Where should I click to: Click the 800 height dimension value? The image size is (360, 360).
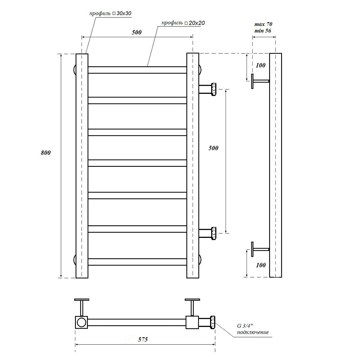tap(46, 153)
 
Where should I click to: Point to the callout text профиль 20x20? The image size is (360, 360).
tap(183, 23)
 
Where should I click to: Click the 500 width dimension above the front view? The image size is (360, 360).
tap(136, 32)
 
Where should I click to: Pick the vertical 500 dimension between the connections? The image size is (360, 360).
tap(213, 148)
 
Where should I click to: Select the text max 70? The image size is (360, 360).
tap(263, 24)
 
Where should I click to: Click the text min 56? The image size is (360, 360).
tap(263, 30)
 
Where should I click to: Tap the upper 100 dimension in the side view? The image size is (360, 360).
tap(261, 65)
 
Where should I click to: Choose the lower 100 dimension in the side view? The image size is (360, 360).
tap(261, 265)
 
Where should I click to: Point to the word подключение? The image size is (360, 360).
tap(253, 332)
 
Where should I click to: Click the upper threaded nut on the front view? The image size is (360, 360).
tap(214, 89)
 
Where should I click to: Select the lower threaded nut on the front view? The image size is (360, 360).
tap(214, 233)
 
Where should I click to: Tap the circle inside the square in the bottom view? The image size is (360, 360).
tap(81, 322)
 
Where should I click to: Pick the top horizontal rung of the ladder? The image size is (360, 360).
tap(137, 70)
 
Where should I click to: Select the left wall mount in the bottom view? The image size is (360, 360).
tap(82, 306)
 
